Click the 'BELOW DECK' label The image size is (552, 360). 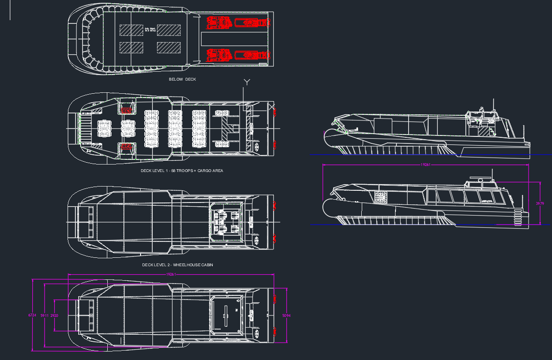[x=182, y=80]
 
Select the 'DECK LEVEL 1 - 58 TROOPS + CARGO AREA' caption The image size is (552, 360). [x=182, y=171]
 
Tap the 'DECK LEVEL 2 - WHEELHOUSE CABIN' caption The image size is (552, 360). [x=178, y=265]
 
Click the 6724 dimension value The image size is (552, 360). [x=32, y=315]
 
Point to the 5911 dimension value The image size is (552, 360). [x=45, y=315]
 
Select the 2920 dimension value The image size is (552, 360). [x=54, y=315]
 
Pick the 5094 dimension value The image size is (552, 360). [x=286, y=315]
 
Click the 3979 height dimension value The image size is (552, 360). [x=540, y=203]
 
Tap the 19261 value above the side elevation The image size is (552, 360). [x=425, y=165]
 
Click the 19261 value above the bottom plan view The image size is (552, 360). [x=171, y=274]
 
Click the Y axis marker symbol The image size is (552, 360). [x=247, y=82]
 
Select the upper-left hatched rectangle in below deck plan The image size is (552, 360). [x=131, y=30]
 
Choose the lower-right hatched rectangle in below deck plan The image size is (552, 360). [x=169, y=47]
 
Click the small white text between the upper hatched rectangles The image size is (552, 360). [x=149, y=30]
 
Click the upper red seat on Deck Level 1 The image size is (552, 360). [x=127, y=110]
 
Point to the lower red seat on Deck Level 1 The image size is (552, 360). [x=127, y=147]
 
